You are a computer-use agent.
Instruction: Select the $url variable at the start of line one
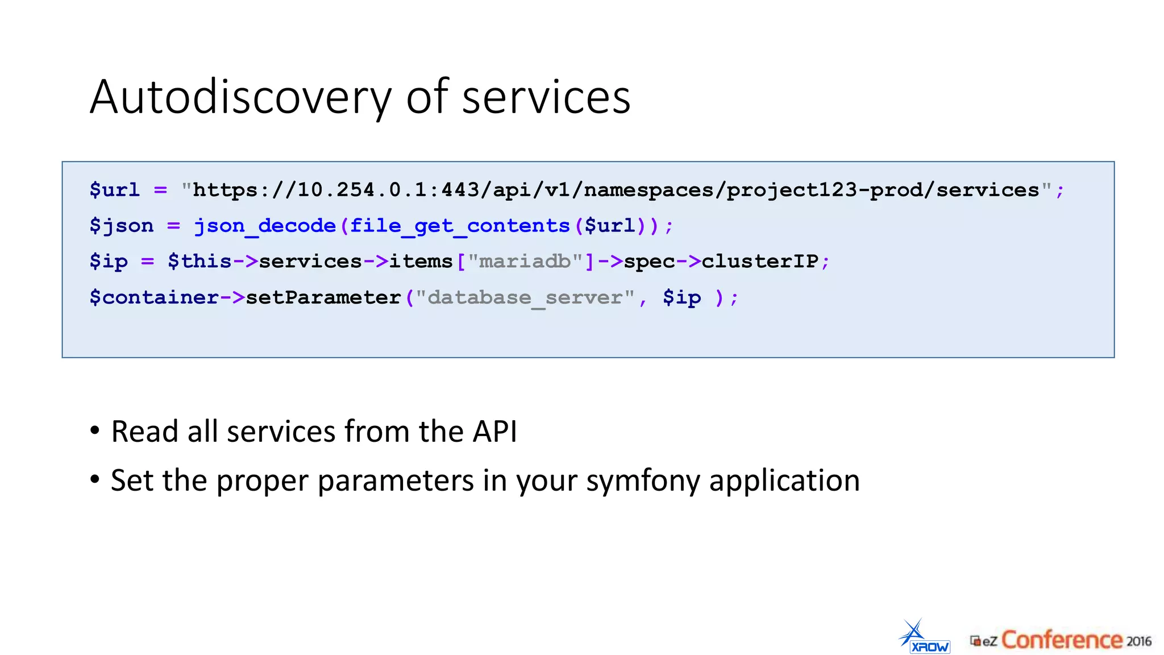click(114, 190)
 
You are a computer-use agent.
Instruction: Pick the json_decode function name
click(265, 226)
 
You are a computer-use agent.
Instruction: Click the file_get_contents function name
click(460, 226)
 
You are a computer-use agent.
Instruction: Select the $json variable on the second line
click(122, 226)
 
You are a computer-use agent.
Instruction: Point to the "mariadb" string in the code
click(525, 262)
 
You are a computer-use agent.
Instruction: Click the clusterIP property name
click(760, 262)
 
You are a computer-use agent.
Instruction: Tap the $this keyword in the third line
click(199, 262)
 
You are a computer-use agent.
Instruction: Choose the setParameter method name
click(323, 297)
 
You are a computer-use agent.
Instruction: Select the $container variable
click(153, 297)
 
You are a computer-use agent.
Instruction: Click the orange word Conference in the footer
click(1061, 640)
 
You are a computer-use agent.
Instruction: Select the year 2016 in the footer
click(1139, 641)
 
